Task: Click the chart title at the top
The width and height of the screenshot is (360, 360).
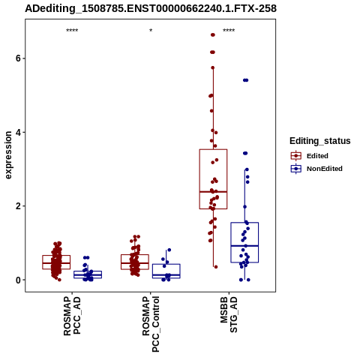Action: [x=151, y=9]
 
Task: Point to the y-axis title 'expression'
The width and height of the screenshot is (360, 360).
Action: [x=8, y=155]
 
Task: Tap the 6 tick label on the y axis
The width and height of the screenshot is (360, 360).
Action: [x=18, y=58]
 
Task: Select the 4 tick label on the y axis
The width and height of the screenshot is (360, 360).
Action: [x=18, y=132]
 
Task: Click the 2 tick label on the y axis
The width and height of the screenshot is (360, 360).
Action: [x=18, y=206]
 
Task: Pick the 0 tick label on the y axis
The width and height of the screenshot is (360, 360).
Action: [x=18, y=280]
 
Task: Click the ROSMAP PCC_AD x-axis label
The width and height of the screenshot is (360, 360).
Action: [x=72, y=316]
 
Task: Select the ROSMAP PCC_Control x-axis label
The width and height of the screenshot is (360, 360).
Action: [x=151, y=324]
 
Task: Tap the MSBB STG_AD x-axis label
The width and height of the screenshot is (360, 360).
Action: [x=229, y=315]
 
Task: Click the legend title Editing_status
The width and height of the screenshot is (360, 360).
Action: [x=320, y=141]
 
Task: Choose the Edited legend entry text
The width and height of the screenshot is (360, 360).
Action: [x=317, y=156]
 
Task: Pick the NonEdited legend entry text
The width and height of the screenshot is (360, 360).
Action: [x=325, y=169]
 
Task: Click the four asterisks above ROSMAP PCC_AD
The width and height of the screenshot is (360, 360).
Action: [x=72, y=31]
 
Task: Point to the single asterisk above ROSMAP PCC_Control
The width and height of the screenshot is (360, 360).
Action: [x=151, y=31]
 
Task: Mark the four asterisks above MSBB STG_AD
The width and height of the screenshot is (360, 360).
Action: [x=229, y=31]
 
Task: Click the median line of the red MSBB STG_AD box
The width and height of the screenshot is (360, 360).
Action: [x=213, y=192]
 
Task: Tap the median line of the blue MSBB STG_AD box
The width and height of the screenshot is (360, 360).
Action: [x=244, y=246]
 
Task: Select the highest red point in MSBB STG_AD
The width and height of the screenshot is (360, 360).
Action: [x=213, y=35]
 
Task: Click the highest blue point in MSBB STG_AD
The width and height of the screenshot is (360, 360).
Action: [x=245, y=80]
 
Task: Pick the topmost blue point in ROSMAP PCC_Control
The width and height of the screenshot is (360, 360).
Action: [x=169, y=250]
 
